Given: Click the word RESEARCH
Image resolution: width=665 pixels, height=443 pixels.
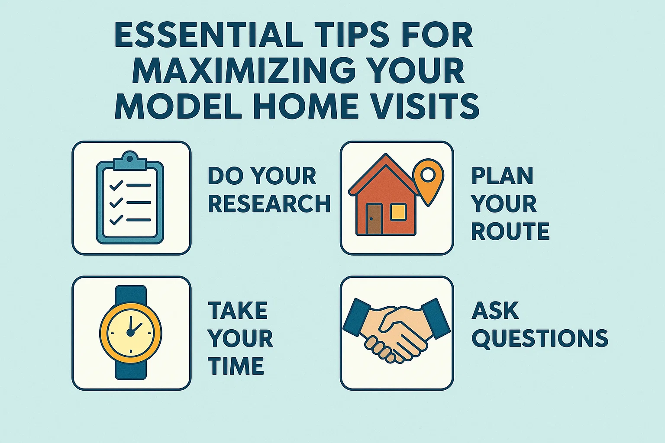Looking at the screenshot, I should tap(269, 203).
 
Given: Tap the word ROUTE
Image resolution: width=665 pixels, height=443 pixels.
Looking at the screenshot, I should tap(510, 231).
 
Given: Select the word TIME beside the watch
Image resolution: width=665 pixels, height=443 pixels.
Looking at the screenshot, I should tap(236, 366).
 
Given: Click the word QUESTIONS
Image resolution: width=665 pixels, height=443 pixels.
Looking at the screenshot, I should tap(540, 338).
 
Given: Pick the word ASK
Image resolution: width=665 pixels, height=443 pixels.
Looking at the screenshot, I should tap(495, 310).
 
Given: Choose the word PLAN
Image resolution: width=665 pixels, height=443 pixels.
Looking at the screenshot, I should tap(502, 176).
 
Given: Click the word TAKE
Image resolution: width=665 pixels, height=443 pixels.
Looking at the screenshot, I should tap(238, 310).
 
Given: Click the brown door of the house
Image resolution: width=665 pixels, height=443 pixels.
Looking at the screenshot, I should tap(374, 219).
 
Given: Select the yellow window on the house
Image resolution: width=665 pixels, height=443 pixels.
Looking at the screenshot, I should tap(398, 212).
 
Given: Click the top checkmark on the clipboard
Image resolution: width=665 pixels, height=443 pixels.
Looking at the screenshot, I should tap(116, 186).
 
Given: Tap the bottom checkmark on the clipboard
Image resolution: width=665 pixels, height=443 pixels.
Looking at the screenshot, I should tap(116, 220).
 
